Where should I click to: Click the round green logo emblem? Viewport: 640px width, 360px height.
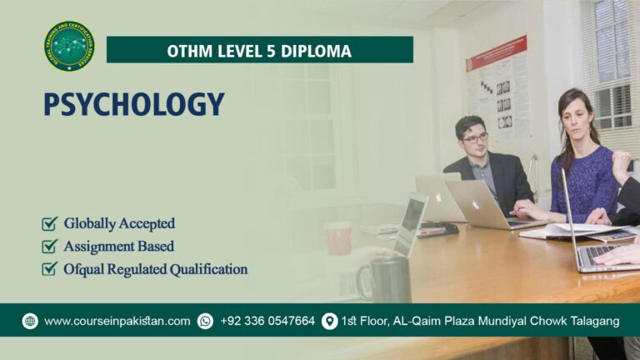tap(69, 47)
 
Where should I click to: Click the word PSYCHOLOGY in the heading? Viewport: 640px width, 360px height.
tap(134, 105)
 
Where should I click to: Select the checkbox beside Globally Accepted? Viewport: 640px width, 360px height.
tap(50, 223)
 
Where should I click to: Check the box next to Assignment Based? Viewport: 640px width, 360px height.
tap(50, 247)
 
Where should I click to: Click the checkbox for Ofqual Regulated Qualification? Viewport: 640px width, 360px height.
tap(50, 269)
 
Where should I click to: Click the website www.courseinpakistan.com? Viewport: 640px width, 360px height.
tap(117, 321)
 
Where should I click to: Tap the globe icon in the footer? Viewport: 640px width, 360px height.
tap(30, 321)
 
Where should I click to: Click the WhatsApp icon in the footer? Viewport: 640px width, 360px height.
tap(205, 321)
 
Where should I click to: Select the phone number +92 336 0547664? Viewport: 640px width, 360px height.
tap(267, 321)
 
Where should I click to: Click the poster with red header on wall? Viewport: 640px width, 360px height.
tap(497, 86)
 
